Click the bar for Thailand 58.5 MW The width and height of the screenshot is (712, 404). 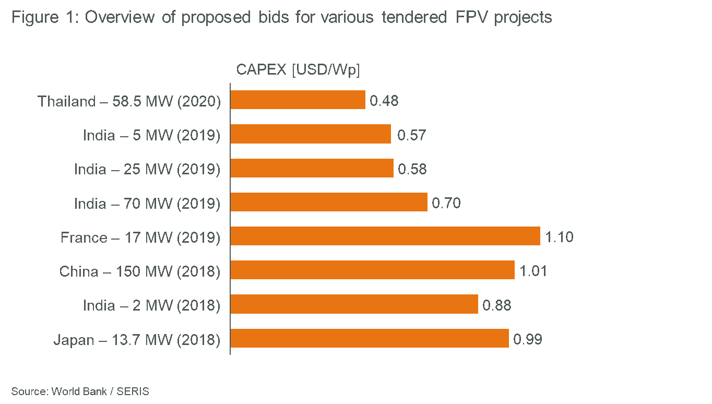(298, 100)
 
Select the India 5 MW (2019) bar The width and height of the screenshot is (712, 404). (311, 134)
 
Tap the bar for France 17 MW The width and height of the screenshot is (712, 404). (385, 236)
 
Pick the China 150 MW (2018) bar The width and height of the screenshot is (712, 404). (372, 270)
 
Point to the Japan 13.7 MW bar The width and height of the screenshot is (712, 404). (370, 338)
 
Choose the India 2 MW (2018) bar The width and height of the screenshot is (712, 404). (354, 304)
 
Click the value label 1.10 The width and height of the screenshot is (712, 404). (559, 237)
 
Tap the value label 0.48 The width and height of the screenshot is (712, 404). (384, 101)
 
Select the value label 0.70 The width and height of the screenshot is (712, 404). (446, 203)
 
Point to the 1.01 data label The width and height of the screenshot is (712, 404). (533, 271)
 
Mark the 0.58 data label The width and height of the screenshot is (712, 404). (412, 169)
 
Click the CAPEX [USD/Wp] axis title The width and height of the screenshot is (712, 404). (298, 70)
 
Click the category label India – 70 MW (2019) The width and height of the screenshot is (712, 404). (147, 203)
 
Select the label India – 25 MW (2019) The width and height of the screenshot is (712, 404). (147, 169)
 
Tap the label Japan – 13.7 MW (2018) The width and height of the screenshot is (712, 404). (137, 340)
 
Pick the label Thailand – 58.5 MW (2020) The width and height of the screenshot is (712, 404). (129, 101)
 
